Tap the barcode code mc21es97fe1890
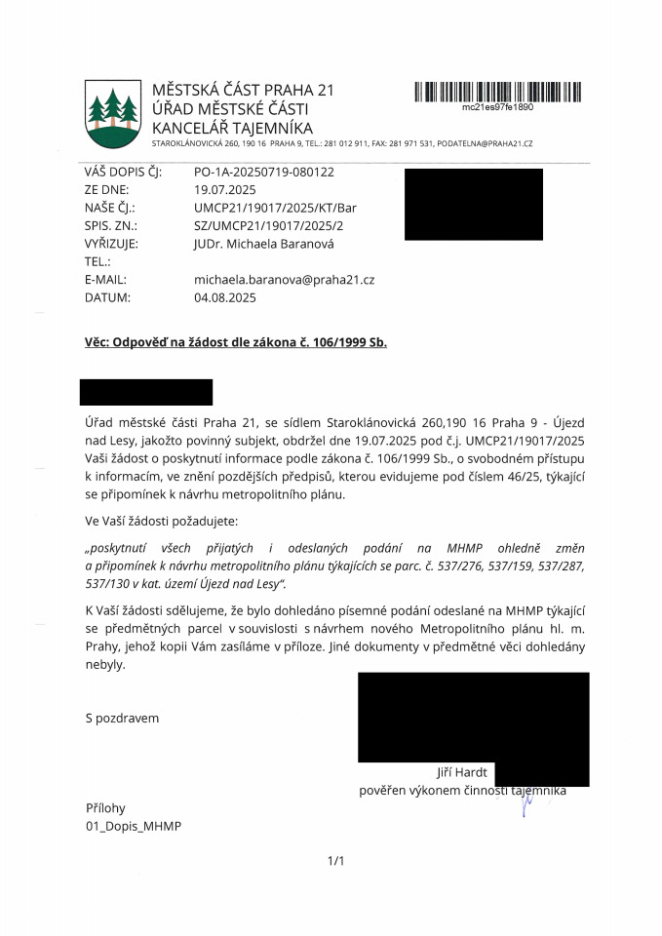[497, 107]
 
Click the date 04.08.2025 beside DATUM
[225, 298]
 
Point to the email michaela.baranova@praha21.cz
[285, 280]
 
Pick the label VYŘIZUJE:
[112, 244]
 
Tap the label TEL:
[98, 261]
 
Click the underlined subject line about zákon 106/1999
[236, 342]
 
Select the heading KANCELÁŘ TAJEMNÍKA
[232, 128]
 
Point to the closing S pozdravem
[122, 719]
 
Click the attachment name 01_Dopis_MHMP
[134, 826]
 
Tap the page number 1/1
[337, 860]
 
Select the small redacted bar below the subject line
[146, 392]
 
